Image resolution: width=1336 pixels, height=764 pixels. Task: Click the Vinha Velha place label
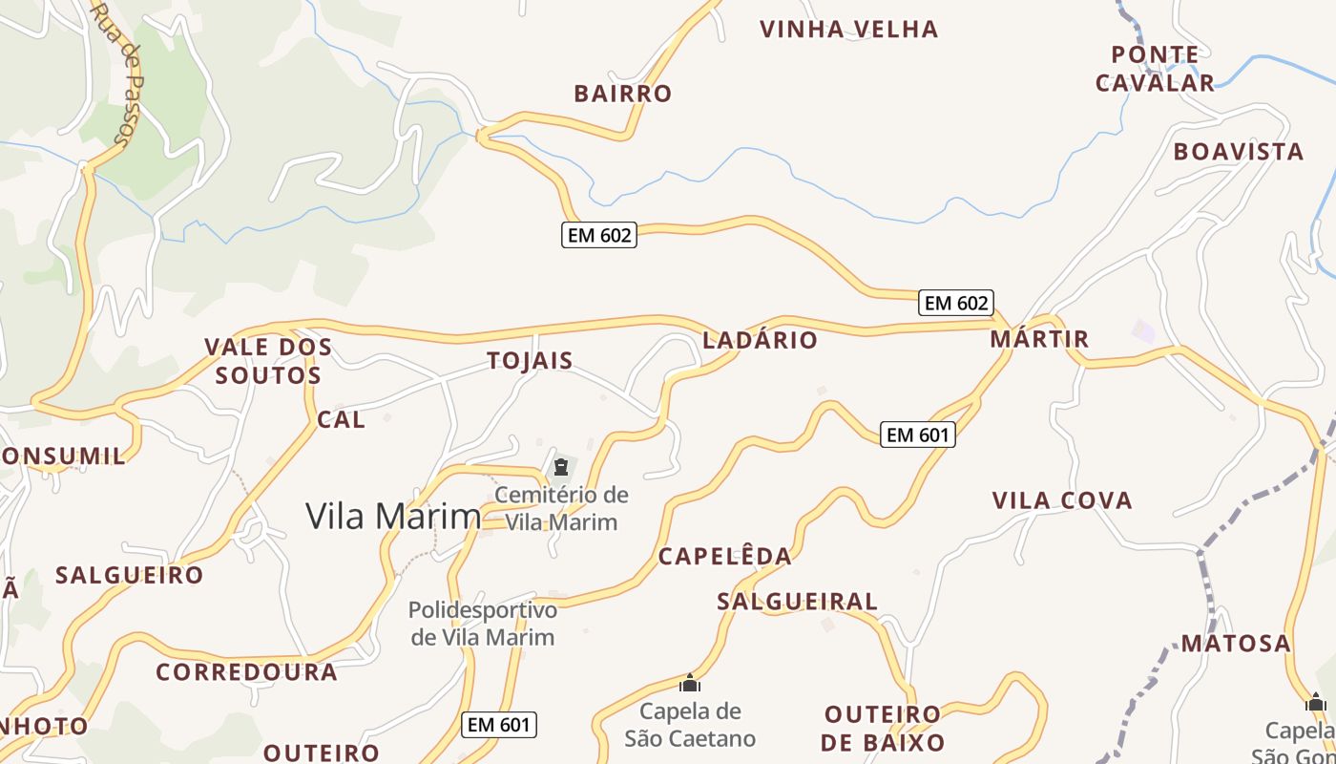(848, 30)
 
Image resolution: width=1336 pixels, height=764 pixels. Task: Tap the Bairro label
(623, 94)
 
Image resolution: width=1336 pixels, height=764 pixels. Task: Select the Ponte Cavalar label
(1155, 69)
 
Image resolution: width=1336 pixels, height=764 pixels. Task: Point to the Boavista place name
(1238, 152)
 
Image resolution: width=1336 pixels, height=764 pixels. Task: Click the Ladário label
(760, 340)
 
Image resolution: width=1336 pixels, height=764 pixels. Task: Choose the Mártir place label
(1039, 339)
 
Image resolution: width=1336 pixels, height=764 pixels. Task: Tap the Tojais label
(530, 361)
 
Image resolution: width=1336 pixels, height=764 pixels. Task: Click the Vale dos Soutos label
(268, 361)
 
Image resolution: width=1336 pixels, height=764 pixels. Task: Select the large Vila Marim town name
(393, 516)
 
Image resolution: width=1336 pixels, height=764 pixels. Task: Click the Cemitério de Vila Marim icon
(560, 467)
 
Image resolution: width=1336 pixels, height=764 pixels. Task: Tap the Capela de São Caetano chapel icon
(689, 683)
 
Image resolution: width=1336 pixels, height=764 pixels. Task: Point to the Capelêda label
(725, 557)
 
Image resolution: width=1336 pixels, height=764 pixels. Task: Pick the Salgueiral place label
(797, 602)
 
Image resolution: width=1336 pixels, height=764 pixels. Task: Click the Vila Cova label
(1062, 500)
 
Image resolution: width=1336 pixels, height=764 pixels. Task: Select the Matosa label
(1236, 644)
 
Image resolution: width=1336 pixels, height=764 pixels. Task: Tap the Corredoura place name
(246, 672)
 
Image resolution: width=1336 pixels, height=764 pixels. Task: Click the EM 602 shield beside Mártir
(956, 303)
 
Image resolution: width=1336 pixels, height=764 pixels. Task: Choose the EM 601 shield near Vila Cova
(917, 435)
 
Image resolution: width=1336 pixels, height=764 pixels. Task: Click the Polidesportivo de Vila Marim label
(482, 624)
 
